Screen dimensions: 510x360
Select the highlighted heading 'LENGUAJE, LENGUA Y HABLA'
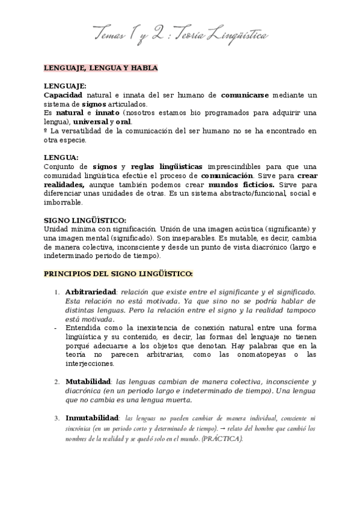101,69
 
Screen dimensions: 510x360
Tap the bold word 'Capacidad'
63,95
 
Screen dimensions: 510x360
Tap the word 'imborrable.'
63,202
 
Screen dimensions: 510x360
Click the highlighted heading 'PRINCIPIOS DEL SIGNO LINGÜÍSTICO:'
118,274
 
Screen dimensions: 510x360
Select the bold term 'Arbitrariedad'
90,292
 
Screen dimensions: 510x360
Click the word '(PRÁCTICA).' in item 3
222,438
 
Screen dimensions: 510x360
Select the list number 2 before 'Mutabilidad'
56,382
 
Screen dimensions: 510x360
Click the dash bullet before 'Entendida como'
55,328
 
